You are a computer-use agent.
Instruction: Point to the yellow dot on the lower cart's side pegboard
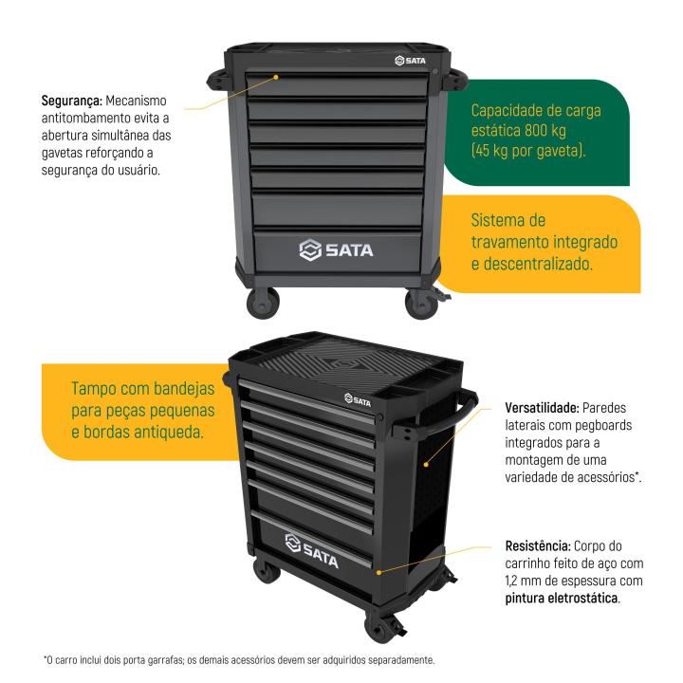click(x=424, y=465)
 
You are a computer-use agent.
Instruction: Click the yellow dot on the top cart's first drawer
click(x=276, y=78)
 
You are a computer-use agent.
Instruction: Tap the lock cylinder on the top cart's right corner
click(x=434, y=73)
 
